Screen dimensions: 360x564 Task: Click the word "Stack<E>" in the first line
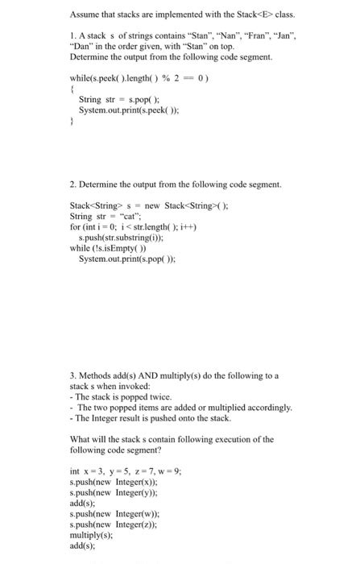click(246, 14)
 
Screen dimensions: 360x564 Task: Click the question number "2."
click(73, 185)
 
